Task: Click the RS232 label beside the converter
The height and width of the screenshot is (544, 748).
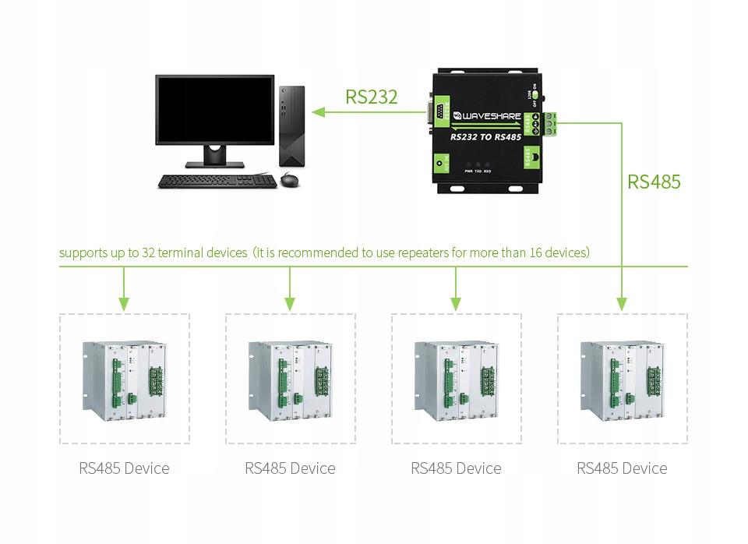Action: tap(372, 97)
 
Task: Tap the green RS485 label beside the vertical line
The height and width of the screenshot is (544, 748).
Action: tap(654, 182)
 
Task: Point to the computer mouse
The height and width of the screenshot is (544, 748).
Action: tap(289, 181)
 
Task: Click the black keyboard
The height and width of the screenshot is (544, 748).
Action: tap(216, 181)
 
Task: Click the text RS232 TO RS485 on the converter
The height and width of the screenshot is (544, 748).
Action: tap(487, 136)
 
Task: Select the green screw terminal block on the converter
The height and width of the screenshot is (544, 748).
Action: tap(553, 124)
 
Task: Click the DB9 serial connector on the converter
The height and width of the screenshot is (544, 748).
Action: tap(438, 113)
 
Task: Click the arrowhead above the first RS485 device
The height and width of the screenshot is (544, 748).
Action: tap(123, 303)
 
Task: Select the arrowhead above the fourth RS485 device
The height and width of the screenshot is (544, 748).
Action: tap(621, 303)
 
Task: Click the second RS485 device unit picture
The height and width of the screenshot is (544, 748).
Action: tap(291, 379)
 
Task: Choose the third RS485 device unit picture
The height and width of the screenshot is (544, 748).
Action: tap(457, 379)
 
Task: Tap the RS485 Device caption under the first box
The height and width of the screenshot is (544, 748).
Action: tap(124, 468)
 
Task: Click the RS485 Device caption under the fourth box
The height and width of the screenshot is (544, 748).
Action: tap(622, 468)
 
